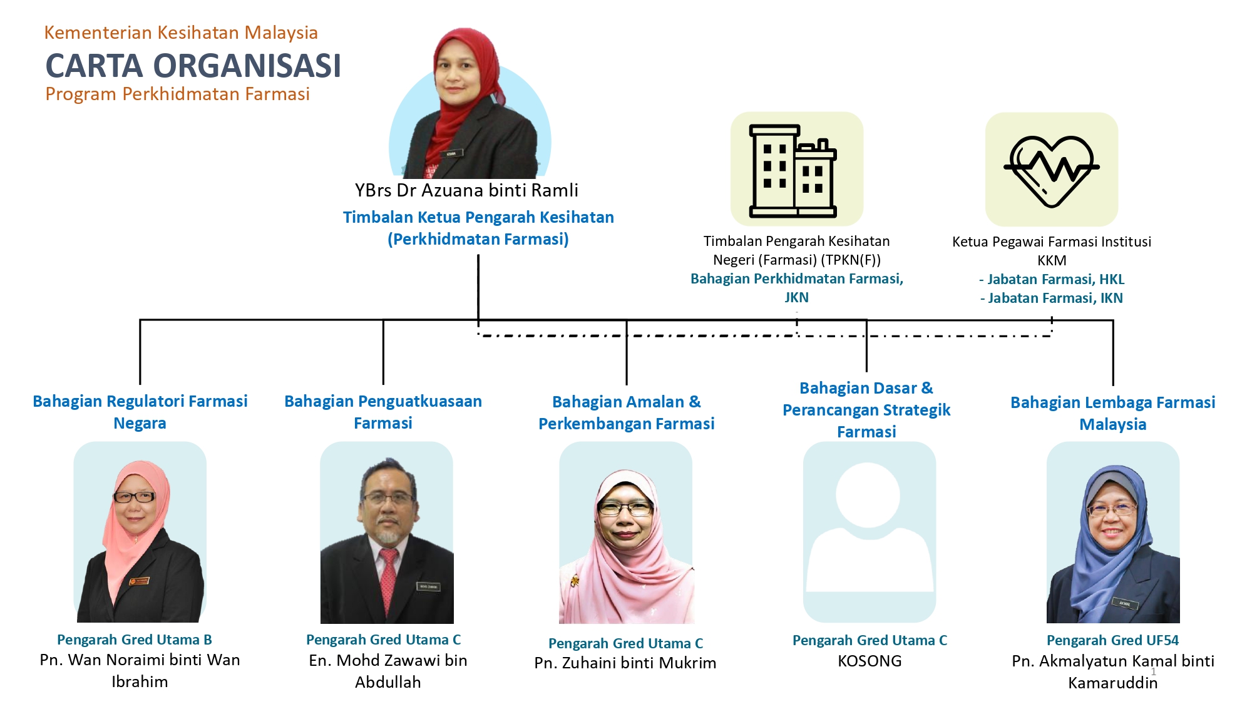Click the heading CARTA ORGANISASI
pyautogui.click(x=193, y=66)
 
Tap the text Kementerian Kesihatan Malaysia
pyautogui.click(x=181, y=33)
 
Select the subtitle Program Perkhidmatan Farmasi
pyautogui.click(x=178, y=94)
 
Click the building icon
pyautogui.click(x=793, y=171)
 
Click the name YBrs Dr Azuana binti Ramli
pyautogui.click(x=466, y=190)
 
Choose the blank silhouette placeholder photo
pyautogui.click(x=870, y=532)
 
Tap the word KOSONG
pyautogui.click(x=870, y=661)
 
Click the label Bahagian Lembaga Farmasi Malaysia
pyautogui.click(x=1113, y=413)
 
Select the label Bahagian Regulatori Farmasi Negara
pyautogui.click(x=140, y=412)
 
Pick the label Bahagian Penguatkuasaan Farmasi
pyautogui.click(x=383, y=412)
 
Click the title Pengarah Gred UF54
pyautogui.click(x=1112, y=640)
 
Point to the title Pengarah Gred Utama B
pyautogui.click(x=135, y=640)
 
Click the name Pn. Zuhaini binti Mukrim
pyautogui.click(x=625, y=663)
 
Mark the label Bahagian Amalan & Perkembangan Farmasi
pyautogui.click(x=627, y=412)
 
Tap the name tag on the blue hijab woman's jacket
pyautogui.click(x=1125, y=603)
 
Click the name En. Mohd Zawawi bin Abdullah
pyautogui.click(x=388, y=671)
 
